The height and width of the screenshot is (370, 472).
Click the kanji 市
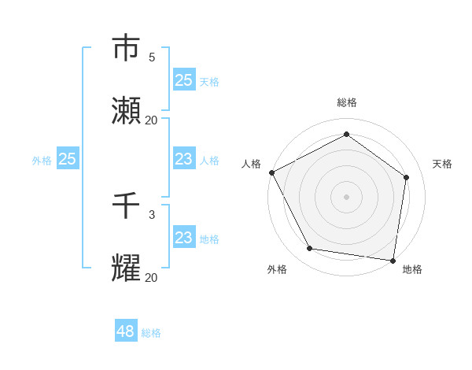[x=127, y=48]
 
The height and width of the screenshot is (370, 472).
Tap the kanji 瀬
[x=127, y=111]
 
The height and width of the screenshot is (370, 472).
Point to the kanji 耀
[x=127, y=268]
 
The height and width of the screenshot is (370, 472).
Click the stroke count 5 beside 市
[x=152, y=57]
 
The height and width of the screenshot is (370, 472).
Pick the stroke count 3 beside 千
[x=152, y=214]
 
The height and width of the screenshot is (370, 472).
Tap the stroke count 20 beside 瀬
[x=152, y=120]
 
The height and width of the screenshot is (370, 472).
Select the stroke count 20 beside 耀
[x=152, y=277]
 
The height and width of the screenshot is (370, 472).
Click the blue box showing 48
[x=126, y=331]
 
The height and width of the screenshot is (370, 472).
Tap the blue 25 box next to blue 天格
[x=183, y=80]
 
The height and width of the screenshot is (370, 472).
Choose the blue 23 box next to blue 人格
[x=183, y=159]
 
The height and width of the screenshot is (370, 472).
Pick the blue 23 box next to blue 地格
[x=183, y=238]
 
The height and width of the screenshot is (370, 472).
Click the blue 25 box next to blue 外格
[x=68, y=159]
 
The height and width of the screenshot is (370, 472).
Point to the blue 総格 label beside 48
[x=151, y=333]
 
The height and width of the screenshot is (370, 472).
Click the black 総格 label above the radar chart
[x=347, y=102]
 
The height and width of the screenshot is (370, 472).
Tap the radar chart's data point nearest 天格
[x=407, y=177]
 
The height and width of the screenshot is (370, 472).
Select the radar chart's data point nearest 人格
[x=271, y=172]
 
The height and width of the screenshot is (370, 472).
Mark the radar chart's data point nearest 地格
[x=393, y=260]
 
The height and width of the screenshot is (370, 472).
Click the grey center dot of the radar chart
[x=347, y=196]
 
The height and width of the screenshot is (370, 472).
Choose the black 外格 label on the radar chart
[x=277, y=269]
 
